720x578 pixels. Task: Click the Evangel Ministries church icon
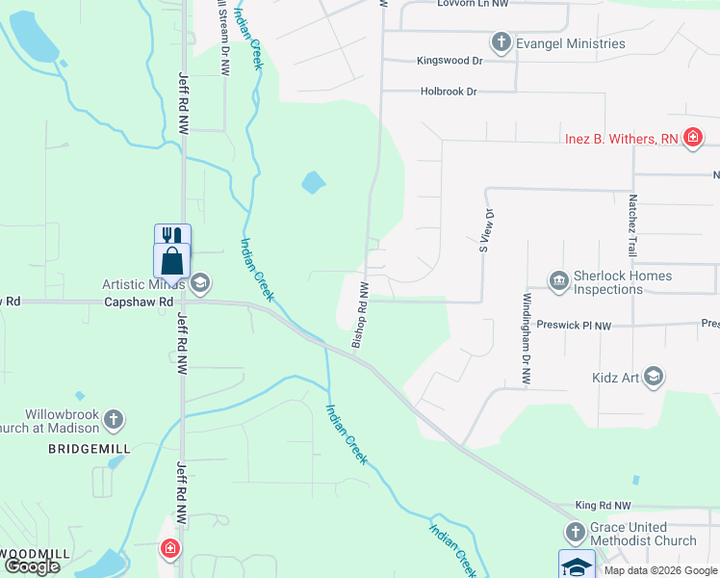[x=501, y=42]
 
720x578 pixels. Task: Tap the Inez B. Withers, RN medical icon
[x=692, y=139]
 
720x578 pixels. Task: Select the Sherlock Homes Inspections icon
[x=558, y=280]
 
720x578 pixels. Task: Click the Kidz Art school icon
[x=654, y=376]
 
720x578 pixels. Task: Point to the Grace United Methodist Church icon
[x=575, y=533]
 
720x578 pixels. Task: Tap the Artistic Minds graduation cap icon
[x=200, y=282]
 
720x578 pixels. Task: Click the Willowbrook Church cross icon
[x=114, y=419]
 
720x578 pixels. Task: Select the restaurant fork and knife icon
[x=172, y=236]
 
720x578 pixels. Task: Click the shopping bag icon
[x=172, y=260]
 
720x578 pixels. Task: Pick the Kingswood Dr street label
[x=450, y=61]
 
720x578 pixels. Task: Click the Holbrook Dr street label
[x=449, y=92]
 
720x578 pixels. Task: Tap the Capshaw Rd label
[x=132, y=302]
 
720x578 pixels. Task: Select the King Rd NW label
[x=603, y=505]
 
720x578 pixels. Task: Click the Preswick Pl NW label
[x=575, y=325]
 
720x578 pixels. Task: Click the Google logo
[x=31, y=566]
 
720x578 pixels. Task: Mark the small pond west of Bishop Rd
[x=314, y=181]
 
